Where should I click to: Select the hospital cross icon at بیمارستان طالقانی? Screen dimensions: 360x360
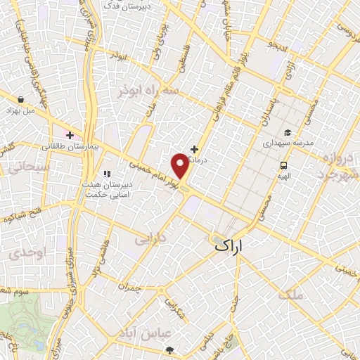tap(70, 134)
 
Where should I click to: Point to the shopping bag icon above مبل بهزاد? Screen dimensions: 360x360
tap(22, 99)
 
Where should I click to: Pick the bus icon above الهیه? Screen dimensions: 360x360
tap(283, 166)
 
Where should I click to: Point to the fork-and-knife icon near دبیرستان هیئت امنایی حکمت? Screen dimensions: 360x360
tap(106, 174)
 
